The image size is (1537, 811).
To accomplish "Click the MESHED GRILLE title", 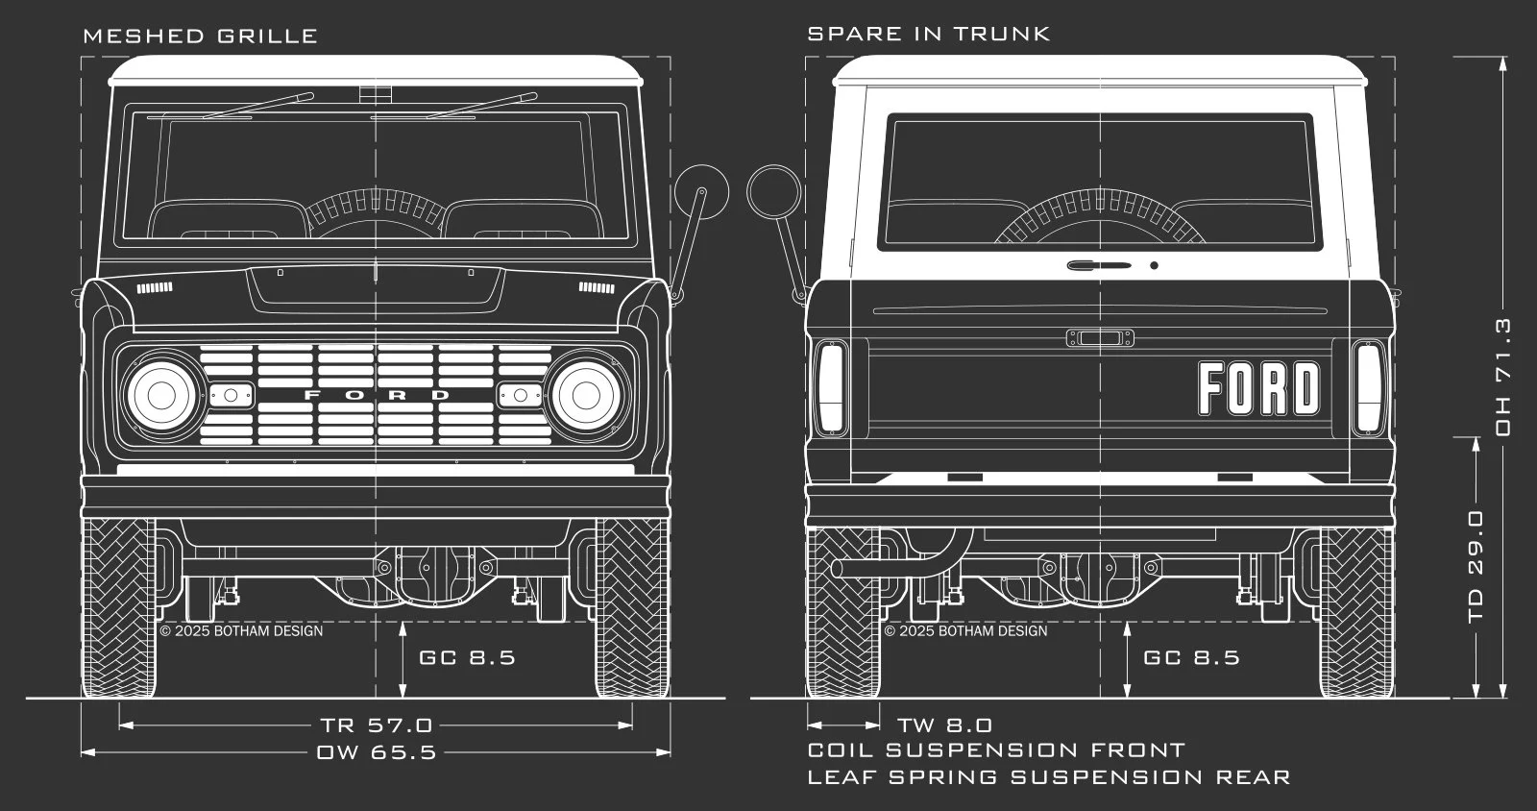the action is click(201, 36).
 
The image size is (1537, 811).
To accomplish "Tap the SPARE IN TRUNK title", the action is click(928, 34).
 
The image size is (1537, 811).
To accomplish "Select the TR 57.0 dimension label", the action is click(377, 725).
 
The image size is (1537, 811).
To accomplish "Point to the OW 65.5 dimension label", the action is click(377, 752).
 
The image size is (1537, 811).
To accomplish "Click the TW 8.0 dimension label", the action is click(945, 725).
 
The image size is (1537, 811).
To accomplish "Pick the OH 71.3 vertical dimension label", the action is click(1503, 377).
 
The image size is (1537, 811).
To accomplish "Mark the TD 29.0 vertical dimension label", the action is click(1476, 567).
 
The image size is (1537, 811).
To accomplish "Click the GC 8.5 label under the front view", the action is click(467, 657).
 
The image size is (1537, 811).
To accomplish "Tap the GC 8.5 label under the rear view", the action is click(1192, 657).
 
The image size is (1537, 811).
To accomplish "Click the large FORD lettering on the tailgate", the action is click(1259, 388).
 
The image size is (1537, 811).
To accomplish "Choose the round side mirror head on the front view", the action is click(700, 193).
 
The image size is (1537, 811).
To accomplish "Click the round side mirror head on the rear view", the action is click(774, 193).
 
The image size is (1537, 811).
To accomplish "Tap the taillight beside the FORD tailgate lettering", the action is click(1368, 387).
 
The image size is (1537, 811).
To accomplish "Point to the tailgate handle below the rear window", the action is click(1099, 265).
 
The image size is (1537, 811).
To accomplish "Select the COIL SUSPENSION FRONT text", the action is click(996, 750).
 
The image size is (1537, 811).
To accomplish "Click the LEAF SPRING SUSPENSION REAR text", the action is click(1049, 777).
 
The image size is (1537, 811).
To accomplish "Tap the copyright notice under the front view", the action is click(241, 630).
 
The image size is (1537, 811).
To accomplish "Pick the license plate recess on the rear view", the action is click(1100, 338).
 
